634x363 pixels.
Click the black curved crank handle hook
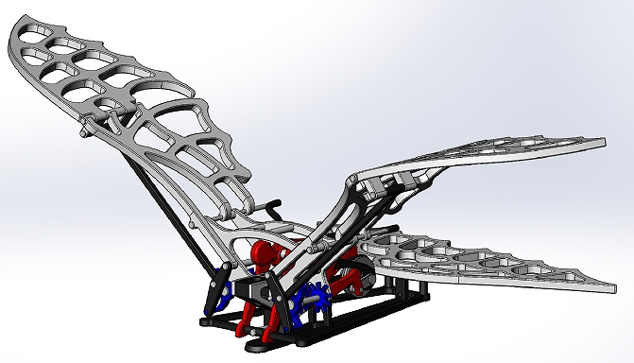(274, 204)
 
